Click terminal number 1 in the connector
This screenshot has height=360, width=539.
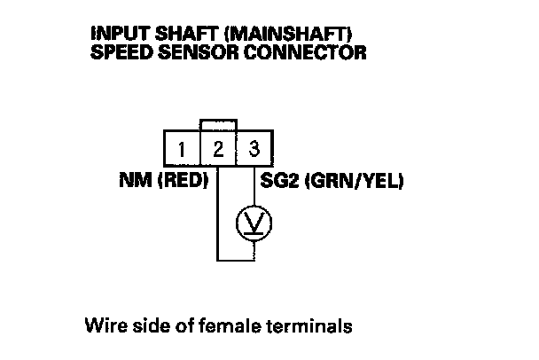pyautogui.click(x=182, y=147)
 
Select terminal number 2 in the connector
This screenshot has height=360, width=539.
pyautogui.click(x=218, y=147)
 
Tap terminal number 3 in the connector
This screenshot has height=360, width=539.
pyautogui.click(x=254, y=147)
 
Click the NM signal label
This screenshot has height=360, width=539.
pyautogui.click(x=134, y=182)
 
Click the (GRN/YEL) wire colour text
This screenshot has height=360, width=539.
pyautogui.click(x=355, y=182)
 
